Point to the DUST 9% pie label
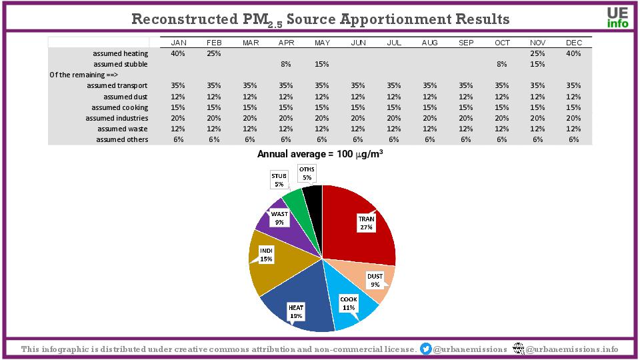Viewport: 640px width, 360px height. point(375,280)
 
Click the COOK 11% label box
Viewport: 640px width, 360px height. point(348,303)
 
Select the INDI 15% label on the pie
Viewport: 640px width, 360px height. point(266,254)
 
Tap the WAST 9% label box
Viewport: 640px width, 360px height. point(279,218)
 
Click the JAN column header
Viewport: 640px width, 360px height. point(178,43)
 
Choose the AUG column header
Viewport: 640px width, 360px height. point(430,43)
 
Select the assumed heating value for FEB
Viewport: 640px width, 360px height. point(214,53)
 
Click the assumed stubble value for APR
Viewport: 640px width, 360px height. point(286,64)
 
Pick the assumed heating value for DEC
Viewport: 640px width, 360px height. point(574,53)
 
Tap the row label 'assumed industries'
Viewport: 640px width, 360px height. point(117,118)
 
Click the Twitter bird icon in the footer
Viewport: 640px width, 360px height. point(426,349)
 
